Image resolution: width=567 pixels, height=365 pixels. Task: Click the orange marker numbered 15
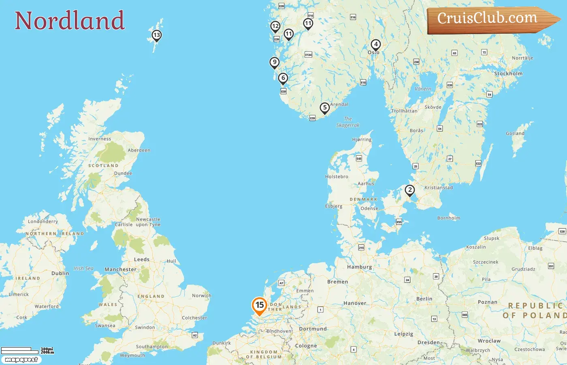[x=259, y=306]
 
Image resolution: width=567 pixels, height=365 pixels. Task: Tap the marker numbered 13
[x=156, y=36]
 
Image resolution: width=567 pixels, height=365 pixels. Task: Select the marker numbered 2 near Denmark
[x=410, y=190]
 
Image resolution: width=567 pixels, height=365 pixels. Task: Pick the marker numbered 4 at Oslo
[x=375, y=45]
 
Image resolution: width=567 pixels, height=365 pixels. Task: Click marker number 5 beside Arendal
[x=324, y=108]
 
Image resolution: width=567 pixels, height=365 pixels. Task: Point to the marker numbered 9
[x=275, y=63]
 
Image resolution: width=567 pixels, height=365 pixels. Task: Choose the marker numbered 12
[x=275, y=27]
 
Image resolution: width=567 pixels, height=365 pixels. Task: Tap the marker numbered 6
[x=283, y=78]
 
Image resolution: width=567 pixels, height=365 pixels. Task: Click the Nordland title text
[x=70, y=21]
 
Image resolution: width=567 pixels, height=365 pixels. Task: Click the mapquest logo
[x=21, y=360]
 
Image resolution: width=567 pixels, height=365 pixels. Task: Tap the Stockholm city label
[x=508, y=74]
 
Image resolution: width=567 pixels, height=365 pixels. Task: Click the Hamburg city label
[x=359, y=267]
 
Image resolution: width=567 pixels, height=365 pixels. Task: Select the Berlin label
[x=424, y=299]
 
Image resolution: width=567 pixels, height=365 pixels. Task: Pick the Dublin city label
[x=60, y=273]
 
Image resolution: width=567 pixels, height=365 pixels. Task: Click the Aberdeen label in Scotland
[x=139, y=150]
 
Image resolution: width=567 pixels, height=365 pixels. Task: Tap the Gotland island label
[x=515, y=133]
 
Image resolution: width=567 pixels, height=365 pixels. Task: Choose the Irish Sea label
[x=83, y=268]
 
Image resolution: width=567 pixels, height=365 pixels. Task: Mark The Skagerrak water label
[x=348, y=122]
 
